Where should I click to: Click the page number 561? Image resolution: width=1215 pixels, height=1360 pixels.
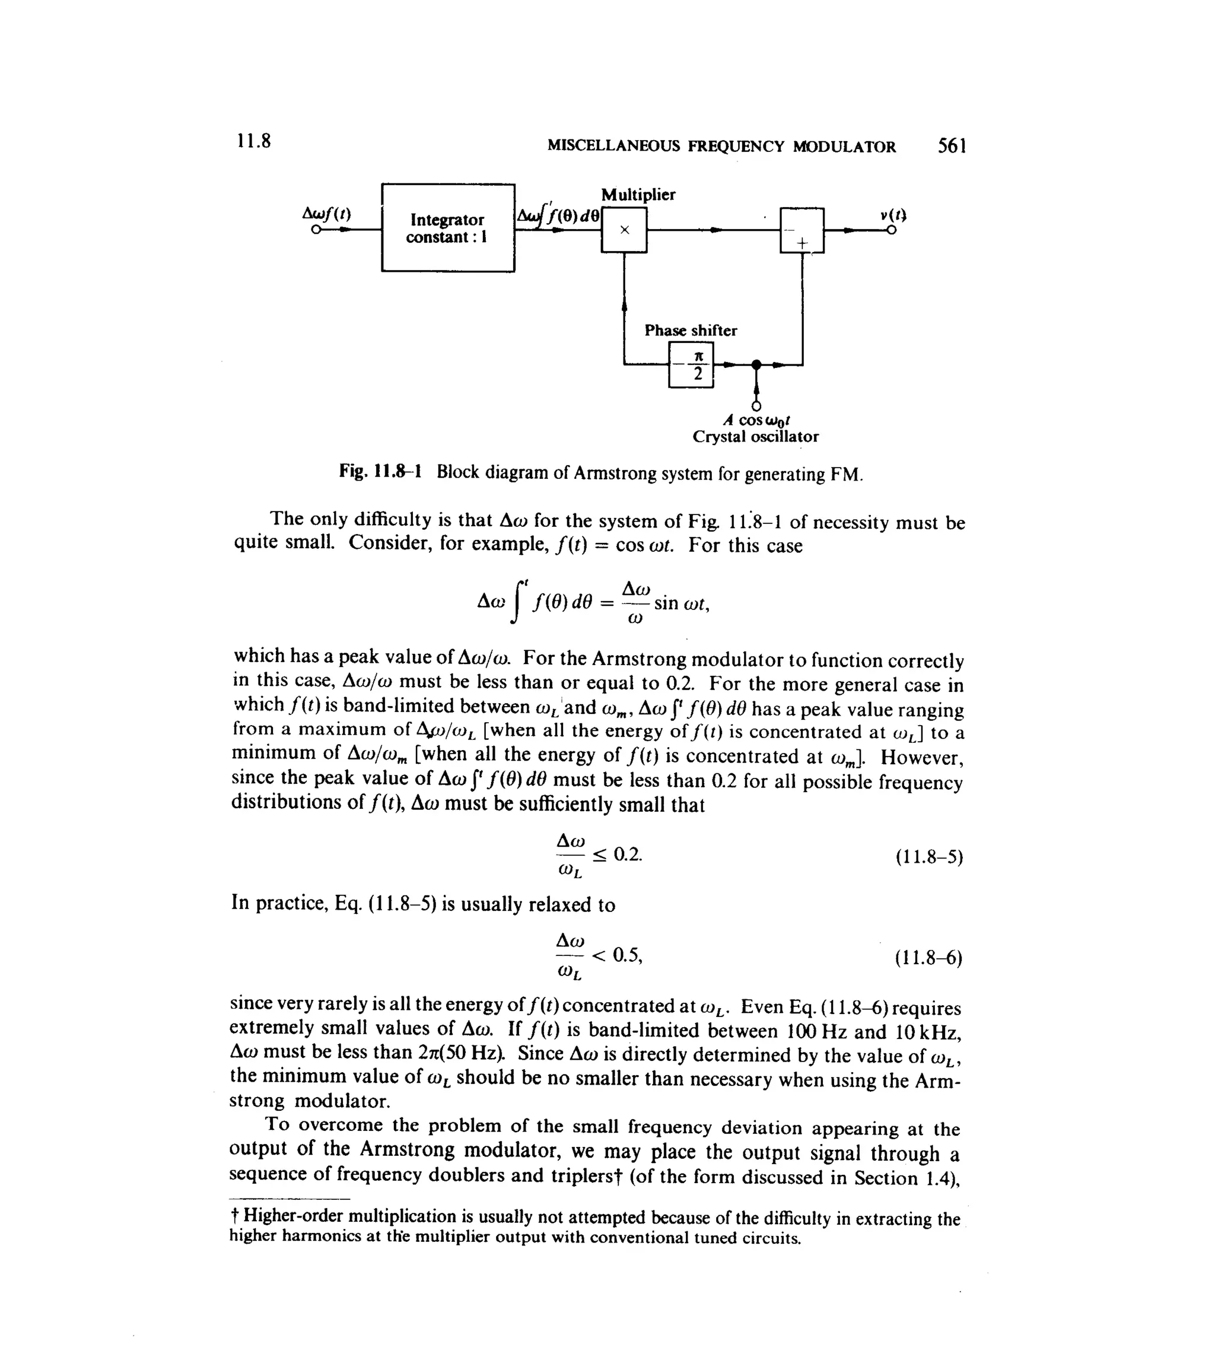pyautogui.click(x=952, y=145)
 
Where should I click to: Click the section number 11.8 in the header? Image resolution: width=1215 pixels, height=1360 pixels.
pyautogui.click(x=254, y=142)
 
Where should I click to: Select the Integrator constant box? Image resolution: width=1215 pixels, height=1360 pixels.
pyautogui.click(x=447, y=228)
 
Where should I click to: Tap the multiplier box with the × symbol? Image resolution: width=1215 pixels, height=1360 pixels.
pyautogui.click(x=624, y=230)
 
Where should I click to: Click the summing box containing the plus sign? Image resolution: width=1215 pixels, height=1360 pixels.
pyautogui.click(x=801, y=230)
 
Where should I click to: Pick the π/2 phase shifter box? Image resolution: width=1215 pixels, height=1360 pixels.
pyautogui.click(x=691, y=364)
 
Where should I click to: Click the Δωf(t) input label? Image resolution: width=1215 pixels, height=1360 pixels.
pyautogui.click(x=326, y=214)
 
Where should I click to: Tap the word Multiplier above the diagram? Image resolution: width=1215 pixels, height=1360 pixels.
pyautogui.click(x=638, y=195)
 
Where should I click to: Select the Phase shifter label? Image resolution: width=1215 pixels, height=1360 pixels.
pyautogui.click(x=691, y=331)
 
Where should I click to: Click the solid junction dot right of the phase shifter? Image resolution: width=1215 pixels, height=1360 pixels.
pyautogui.click(x=756, y=364)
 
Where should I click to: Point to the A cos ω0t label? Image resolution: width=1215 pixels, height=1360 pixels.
pyautogui.click(x=756, y=421)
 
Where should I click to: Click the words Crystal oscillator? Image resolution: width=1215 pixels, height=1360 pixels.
pyautogui.click(x=755, y=437)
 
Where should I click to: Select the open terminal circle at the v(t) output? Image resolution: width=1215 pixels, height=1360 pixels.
pyautogui.click(x=891, y=230)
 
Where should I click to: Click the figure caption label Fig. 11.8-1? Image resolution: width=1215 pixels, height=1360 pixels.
pyautogui.click(x=380, y=472)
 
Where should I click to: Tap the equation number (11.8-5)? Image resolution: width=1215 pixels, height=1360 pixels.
pyautogui.click(x=928, y=857)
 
